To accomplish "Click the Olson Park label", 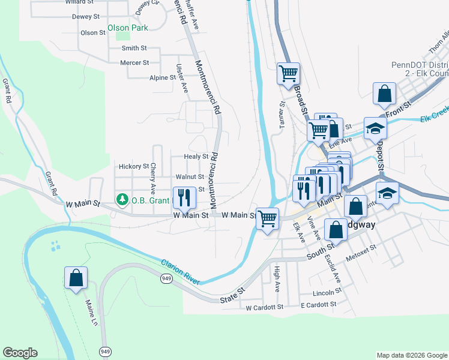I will click(127, 28).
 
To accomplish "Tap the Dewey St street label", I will click(85, 17).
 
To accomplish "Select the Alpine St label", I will click(163, 77).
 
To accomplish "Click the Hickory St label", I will click(134, 166).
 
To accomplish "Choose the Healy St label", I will click(196, 157).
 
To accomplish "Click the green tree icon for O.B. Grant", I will click(122, 199).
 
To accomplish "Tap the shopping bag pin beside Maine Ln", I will click(76, 278).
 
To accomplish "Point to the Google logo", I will click(20, 353).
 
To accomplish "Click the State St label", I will click(232, 294).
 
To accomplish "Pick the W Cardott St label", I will click(264, 307).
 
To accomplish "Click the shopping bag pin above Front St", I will click(384, 94).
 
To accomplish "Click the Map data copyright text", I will click(411, 355).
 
